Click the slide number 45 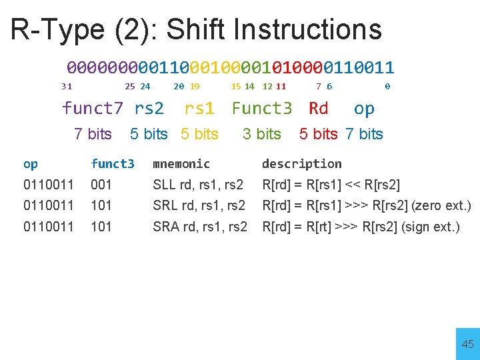(467, 344)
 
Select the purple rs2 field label (149, 108)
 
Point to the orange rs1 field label (199, 108)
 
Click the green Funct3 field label (262, 108)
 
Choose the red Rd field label (319, 108)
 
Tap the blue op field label (364, 108)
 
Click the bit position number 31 (67, 86)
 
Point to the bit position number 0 (387, 86)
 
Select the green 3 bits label (262, 134)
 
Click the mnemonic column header (181, 164)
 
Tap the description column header (301, 164)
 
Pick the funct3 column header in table (113, 164)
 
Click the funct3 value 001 (101, 185)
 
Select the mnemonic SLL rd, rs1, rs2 (198, 185)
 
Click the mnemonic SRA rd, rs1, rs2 (200, 227)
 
